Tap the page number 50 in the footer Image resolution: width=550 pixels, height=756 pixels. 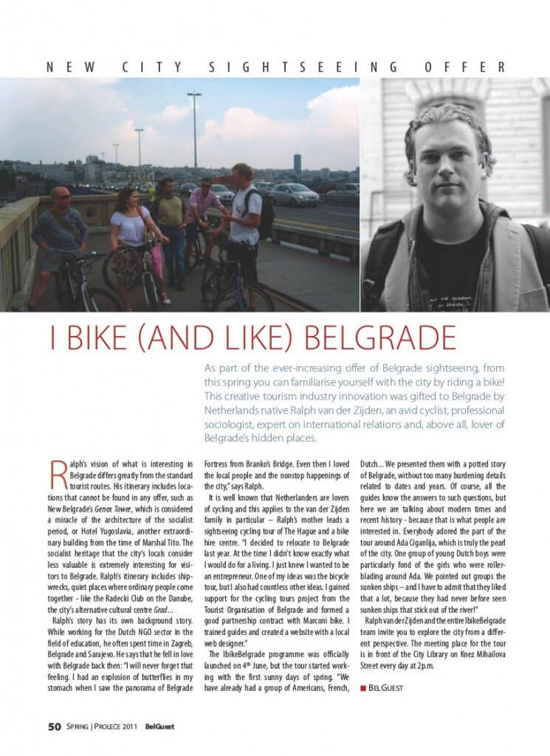[x=54, y=726]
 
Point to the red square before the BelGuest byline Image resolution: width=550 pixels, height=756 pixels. [x=363, y=688]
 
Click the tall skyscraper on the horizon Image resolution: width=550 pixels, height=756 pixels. [x=297, y=163]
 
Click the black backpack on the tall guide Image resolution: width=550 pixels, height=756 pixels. [x=264, y=214]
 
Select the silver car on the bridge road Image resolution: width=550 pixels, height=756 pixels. [x=293, y=194]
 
